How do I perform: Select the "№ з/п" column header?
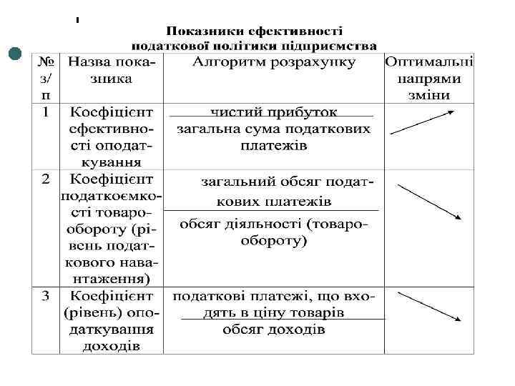[45, 79]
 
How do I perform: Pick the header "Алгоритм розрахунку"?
[274, 63]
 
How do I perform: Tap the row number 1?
[44, 113]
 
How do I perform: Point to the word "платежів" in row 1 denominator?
[274, 146]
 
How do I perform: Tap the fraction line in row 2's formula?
[272, 211]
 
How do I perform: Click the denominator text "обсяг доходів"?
[274, 330]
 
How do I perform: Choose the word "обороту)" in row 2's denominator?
[274, 241]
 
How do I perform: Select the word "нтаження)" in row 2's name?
[110, 277]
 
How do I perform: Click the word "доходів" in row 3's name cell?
[110, 347]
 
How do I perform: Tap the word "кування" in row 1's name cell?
[110, 162]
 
